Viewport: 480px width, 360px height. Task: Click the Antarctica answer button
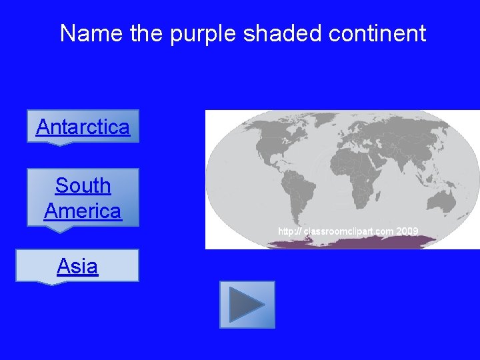tap(83, 126)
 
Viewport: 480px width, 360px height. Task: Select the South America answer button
tap(83, 197)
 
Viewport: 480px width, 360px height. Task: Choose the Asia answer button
tap(77, 266)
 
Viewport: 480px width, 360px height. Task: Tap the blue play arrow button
tap(247, 305)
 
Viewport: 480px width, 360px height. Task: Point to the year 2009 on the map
tap(407, 231)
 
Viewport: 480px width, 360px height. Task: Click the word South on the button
tap(83, 185)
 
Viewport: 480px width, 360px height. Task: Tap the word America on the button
tap(83, 211)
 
